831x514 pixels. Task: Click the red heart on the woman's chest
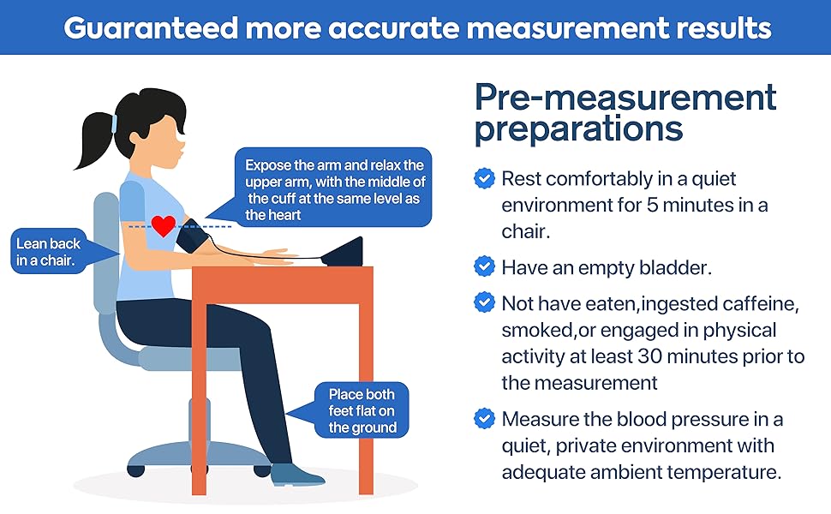pyautogui.click(x=163, y=225)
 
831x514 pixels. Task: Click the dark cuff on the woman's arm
pyautogui.click(x=191, y=237)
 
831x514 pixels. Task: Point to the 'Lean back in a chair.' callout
pyautogui.click(x=49, y=253)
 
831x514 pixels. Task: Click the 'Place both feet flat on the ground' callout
pyautogui.click(x=362, y=410)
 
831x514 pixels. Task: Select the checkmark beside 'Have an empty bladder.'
pyautogui.click(x=485, y=266)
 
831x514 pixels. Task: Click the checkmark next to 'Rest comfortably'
pyautogui.click(x=485, y=178)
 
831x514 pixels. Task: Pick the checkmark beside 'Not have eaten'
pyautogui.click(x=485, y=302)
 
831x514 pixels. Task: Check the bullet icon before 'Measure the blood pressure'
pyautogui.click(x=485, y=419)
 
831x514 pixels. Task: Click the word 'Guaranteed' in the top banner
pyautogui.click(x=150, y=27)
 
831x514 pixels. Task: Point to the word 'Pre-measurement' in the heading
pyautogui.click(x=625, y=97)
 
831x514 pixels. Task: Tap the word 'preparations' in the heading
pyautogui.click(x=579, y=129)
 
